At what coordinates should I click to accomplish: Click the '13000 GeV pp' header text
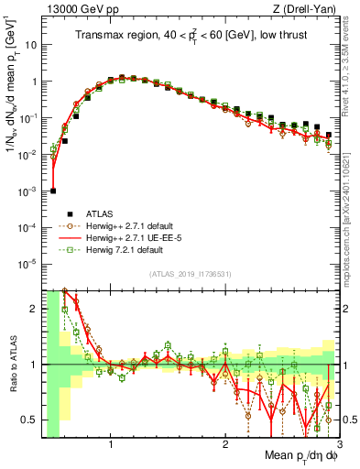tap(79, 8)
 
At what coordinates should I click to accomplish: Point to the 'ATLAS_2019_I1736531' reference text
tap(190, 274)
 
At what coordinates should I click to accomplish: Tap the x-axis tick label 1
tap(111, 446)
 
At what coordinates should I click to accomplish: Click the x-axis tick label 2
tap(224, 446)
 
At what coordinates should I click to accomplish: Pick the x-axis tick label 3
tap(338, 446)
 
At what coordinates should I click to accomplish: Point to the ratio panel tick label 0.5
tap(32, 420)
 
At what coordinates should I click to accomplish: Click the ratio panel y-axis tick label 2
tap(35, 309)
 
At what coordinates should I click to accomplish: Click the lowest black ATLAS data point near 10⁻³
tap(54, 191)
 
